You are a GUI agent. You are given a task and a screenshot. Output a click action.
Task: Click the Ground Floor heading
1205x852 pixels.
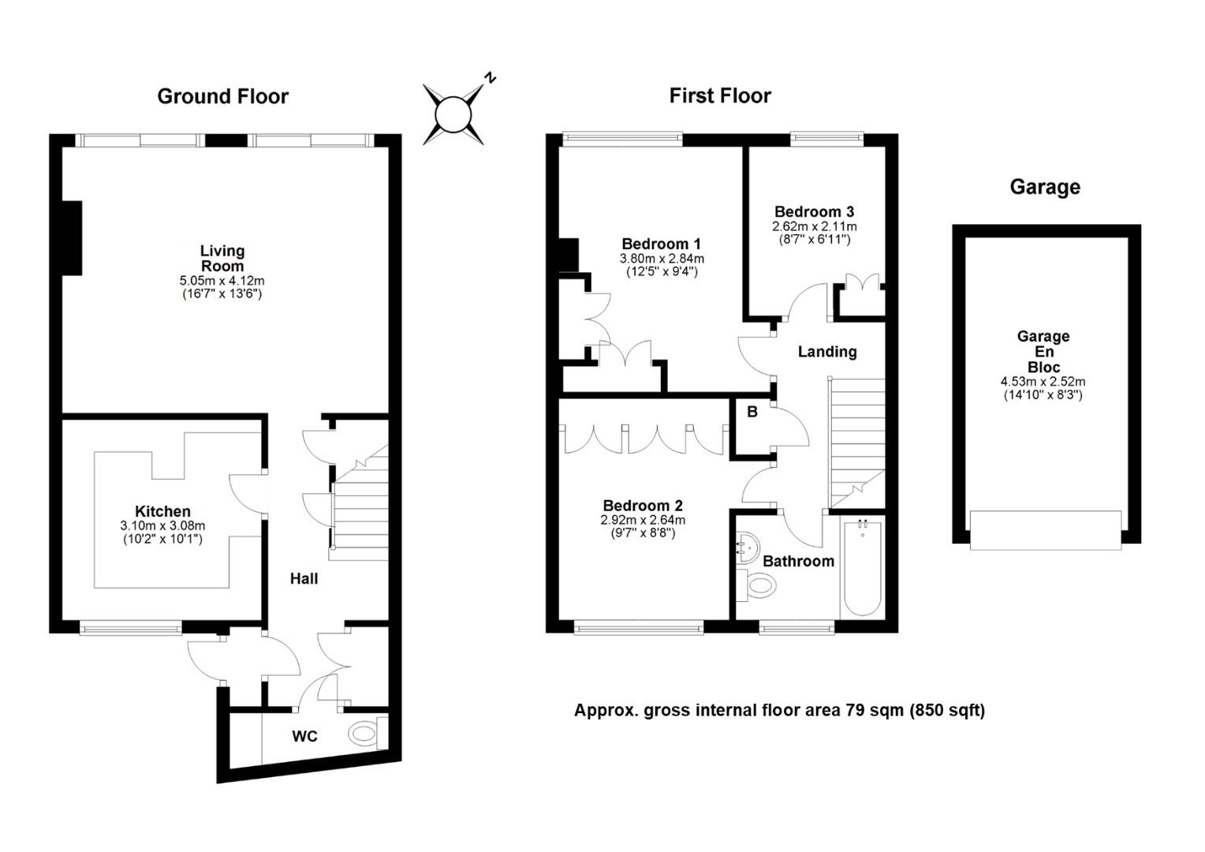point(222,96)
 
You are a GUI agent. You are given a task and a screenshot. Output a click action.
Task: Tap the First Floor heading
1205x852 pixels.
point(720,95)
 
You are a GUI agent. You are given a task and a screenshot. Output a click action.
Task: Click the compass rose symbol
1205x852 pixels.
point(453,114)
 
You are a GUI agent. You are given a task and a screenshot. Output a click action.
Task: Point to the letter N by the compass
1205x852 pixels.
point(490,77)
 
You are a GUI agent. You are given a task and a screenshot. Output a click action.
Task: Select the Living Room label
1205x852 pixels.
point(222,258)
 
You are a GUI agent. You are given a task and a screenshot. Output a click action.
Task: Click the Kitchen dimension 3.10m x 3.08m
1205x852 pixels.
point(162,526)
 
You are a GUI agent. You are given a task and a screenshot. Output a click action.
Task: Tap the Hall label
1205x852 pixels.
point(304,578)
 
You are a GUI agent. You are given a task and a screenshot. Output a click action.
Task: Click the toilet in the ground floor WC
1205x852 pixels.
point(368,733)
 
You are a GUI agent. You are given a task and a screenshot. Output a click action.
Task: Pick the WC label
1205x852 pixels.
point(304,736)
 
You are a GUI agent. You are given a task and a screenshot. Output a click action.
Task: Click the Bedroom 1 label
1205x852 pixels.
point(661,244)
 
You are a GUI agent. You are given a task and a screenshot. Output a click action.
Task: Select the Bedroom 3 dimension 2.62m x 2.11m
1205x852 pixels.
point(815,226)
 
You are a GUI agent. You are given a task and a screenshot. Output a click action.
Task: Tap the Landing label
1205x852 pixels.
point(826,352)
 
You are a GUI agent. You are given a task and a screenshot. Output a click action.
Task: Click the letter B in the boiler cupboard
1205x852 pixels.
point(752,412)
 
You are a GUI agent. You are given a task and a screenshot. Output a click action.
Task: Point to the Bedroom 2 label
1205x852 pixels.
point(642,506)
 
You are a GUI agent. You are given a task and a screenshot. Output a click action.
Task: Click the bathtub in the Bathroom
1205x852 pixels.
point(862,566)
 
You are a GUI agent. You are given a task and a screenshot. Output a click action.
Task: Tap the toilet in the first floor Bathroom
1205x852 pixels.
point(755,585)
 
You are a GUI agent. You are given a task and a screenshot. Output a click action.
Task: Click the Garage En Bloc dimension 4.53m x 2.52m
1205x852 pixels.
point(1043,382)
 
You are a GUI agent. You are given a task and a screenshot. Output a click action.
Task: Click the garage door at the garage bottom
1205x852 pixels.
point(1046,530)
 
